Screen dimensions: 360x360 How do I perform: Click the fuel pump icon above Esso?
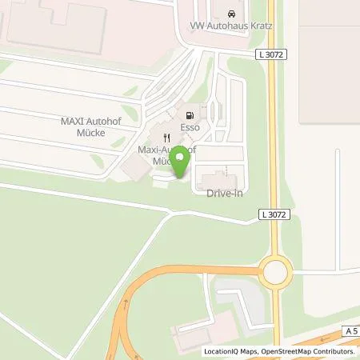pyautogui.click(x=190, y=113)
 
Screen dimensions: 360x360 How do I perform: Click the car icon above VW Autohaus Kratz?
pyautogui.click(x=230, y=15)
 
